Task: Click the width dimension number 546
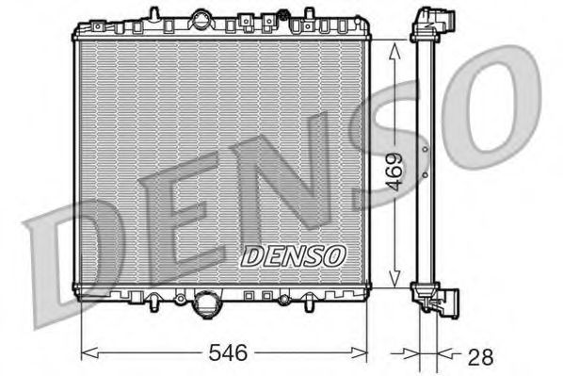226,353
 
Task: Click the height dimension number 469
395,172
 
